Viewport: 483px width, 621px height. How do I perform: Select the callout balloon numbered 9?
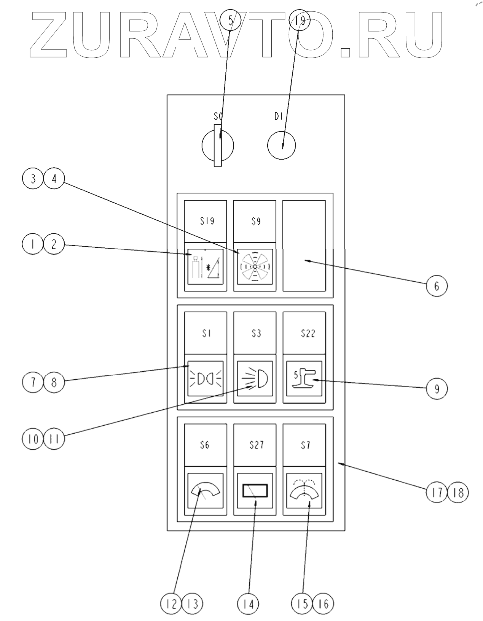coord(436,388)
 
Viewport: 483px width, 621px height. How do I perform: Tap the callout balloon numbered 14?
coord(248,604)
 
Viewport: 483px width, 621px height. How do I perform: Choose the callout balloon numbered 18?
coord(458,493)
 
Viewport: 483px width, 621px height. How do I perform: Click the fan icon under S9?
coord(255,266)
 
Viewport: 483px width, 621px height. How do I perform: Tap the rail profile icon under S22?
coord(304,379)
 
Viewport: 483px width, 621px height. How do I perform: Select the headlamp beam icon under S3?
coord(255,379)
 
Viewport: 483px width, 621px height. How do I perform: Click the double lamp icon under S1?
coord(206,379)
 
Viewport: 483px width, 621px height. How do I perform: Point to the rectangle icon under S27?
coord(255,491)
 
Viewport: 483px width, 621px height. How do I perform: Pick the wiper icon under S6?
coord(206,491)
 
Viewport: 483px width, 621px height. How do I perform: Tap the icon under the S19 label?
coord(206,266)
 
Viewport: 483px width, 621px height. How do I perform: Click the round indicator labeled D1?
coord(281,145)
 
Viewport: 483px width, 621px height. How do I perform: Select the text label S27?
coord(257,444)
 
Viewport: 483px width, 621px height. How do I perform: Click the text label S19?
coord(207,221)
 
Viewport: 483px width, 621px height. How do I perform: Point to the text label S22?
coord(308,333)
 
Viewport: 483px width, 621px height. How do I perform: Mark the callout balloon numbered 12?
coord(172,604)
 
